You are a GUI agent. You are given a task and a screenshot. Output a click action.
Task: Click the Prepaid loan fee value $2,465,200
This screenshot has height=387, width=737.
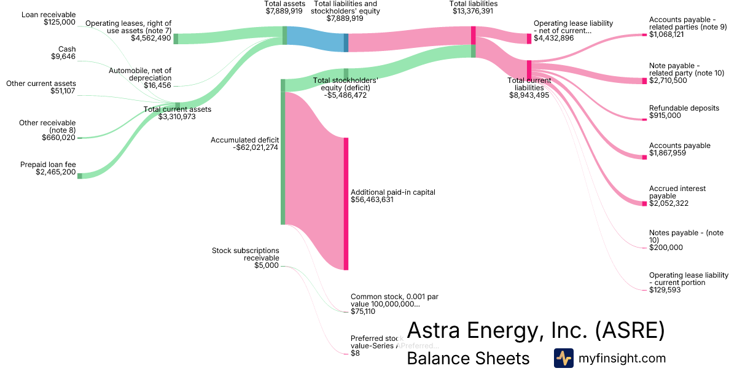(56, 173)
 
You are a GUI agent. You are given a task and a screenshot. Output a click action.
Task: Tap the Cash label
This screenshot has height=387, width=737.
(67, 49)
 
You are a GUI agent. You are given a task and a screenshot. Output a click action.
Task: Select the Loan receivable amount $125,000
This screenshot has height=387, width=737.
(60, 22)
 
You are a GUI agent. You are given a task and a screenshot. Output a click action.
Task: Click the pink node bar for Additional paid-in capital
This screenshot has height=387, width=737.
(346, 203)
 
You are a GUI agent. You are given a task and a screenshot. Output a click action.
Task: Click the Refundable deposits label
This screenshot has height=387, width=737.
(684, 108)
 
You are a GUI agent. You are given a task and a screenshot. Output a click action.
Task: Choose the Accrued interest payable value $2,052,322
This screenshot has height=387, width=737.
(669, 203)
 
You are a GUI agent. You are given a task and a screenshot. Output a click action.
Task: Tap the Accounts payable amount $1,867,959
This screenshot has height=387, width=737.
(669, 153)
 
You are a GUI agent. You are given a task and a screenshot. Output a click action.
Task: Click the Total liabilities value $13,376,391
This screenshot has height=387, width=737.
(473, 11)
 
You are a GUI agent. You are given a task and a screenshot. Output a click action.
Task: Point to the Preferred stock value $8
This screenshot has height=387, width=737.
(355, 353)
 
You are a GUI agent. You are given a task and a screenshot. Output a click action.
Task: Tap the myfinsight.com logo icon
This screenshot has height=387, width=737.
(563, 358)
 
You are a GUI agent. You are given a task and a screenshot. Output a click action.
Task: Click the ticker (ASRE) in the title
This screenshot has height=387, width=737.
(630, 330)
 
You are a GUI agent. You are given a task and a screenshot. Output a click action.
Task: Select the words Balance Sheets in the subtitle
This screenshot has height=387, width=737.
(468, 358)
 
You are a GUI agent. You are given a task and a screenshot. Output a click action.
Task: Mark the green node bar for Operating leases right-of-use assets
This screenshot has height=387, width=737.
(176, 39)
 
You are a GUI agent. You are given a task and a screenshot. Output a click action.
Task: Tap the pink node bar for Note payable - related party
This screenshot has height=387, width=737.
(644, 81)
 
